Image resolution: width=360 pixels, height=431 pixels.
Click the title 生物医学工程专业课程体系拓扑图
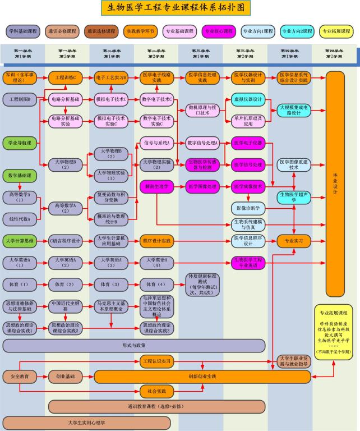(176, 7)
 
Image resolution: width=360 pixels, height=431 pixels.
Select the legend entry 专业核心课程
(219, 31)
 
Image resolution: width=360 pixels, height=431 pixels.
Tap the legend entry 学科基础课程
(22, 31)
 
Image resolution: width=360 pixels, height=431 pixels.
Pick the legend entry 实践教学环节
(140, 31)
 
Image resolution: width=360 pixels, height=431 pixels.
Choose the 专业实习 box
(293, 241)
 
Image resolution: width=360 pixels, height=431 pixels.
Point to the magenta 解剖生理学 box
(156, 186)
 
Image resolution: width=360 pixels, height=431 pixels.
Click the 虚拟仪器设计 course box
(247, 99)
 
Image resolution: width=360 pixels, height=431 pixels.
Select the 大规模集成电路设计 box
(293, 109)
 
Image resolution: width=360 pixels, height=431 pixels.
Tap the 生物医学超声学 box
(293, 197)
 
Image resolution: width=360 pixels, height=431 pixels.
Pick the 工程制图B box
(20, 99)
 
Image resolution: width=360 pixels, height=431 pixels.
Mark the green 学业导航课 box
(20, 143)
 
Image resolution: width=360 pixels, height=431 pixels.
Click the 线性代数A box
(20, 218)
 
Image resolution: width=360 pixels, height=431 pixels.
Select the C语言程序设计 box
(66, 241)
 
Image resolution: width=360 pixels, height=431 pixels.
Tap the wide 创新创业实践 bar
(202, 376)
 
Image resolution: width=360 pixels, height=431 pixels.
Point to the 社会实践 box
(156, 391)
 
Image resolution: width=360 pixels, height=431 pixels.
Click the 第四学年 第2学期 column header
(334, 54)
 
